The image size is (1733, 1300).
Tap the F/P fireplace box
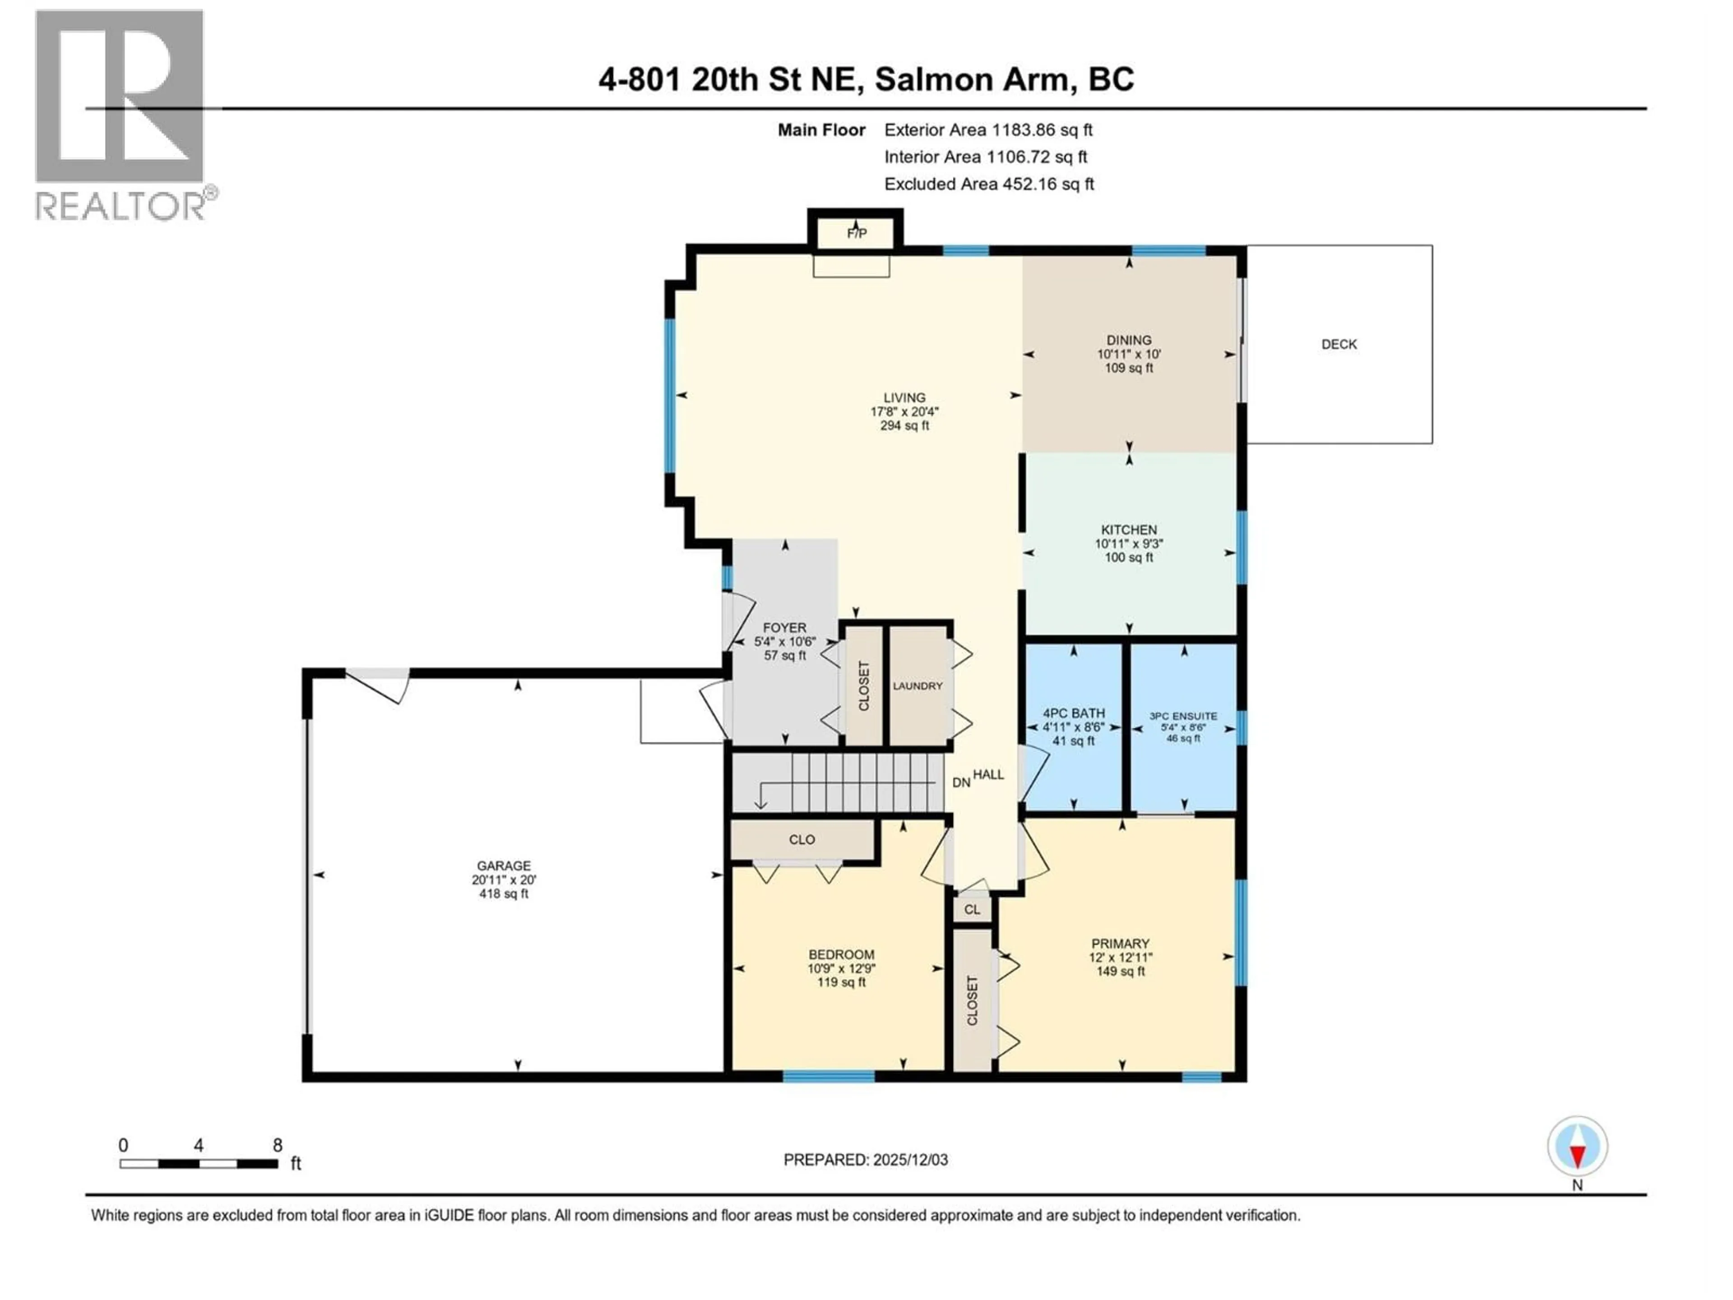[856, 233]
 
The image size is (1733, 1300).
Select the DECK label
[1339, 344]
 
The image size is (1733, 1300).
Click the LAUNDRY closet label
[917, 686]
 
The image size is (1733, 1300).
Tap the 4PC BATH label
[1073, 713]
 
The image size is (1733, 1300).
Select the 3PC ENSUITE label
[1183, 715]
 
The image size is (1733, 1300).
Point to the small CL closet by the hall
[972, 910]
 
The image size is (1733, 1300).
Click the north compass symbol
[1577, 1147]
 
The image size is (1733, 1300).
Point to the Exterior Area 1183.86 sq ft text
[988, 130]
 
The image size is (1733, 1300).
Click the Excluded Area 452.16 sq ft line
[989, 184]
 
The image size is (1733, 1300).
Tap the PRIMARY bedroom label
[1120, 943]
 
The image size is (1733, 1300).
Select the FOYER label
[784, 628]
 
